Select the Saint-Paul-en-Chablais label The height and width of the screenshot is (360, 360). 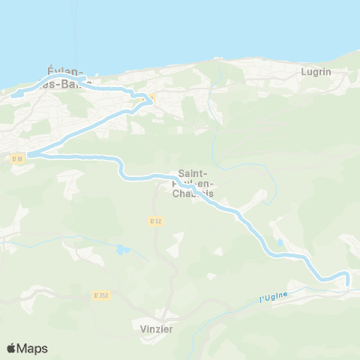tap(193, 182)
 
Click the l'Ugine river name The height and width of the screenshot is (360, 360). tap(274, 298)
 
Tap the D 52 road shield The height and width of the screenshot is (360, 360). tap(155, 220)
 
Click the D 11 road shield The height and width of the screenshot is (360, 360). tap(18, 158)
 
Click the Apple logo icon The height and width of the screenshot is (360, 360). tap(11, 348)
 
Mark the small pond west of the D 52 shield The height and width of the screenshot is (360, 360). tap(122, 248)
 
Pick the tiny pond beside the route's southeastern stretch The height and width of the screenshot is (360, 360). tap(280, 244)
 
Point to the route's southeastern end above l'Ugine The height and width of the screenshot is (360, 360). tap(348, 282)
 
